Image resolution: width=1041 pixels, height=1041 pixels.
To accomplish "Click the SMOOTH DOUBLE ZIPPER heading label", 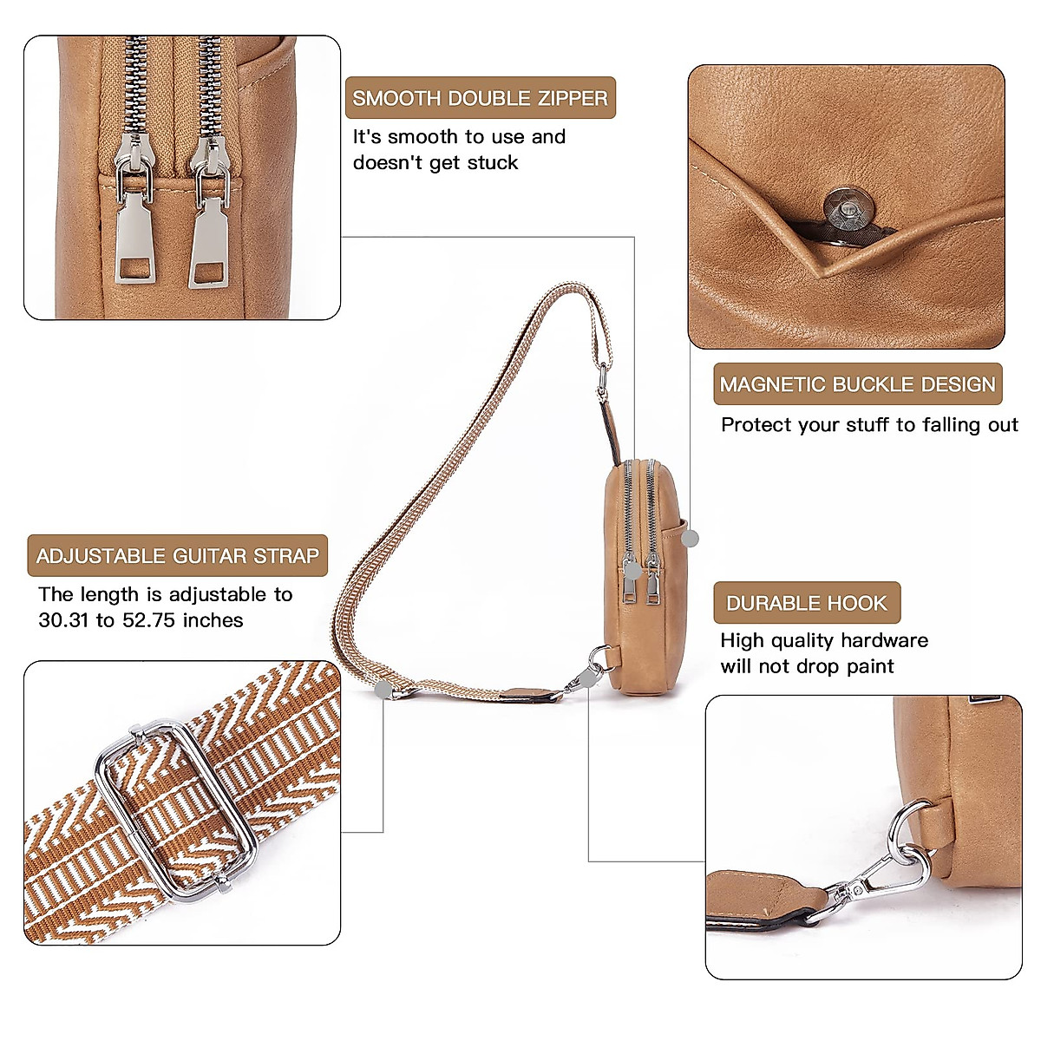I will pyautogui.click(x=480, y=98).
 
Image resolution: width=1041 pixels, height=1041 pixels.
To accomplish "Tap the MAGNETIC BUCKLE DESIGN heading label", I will pyautogui.click(x=857, y=384).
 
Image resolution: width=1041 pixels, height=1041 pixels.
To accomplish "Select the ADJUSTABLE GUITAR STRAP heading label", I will pyautogui.click(x=178, y=556).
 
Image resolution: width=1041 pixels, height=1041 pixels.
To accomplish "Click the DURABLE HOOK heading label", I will pyautogui.click(x=807, y=603).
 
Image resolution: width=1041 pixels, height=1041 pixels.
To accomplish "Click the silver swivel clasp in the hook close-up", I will pyautogui.click(x=876, y=876).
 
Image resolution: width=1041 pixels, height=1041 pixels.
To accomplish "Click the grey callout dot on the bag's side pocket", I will pyautogui.click(x=690, y=538).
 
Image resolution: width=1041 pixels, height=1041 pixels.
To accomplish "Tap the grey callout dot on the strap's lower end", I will pyautogui.click(x=383, y=690).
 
